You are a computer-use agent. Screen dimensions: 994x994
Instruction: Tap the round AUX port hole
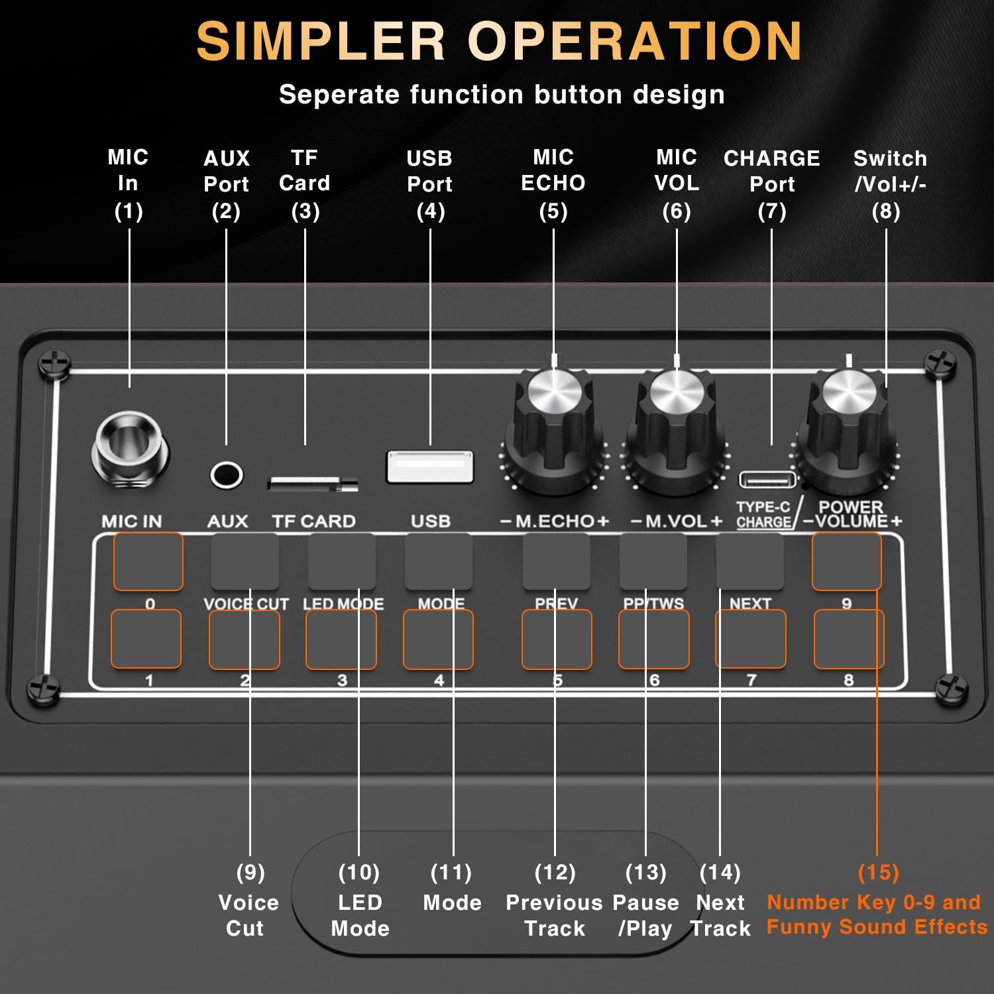(227, 474)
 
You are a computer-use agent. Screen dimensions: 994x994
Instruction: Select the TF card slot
(312, 483)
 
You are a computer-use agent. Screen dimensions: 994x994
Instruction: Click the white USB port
(430, 467)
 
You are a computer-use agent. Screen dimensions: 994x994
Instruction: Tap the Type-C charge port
(767, 478)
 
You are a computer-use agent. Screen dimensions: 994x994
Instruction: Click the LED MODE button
(341, 561)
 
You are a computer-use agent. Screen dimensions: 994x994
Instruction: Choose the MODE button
(439, 561)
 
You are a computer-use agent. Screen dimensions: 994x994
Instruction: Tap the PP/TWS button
(653, 561)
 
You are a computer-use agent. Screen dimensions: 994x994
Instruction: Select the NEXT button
(750, 561)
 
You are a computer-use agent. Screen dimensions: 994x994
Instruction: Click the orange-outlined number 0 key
(148, 561)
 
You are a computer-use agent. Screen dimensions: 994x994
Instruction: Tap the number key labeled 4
(438, 639)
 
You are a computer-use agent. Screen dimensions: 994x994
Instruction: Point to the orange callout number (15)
(878, 872)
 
